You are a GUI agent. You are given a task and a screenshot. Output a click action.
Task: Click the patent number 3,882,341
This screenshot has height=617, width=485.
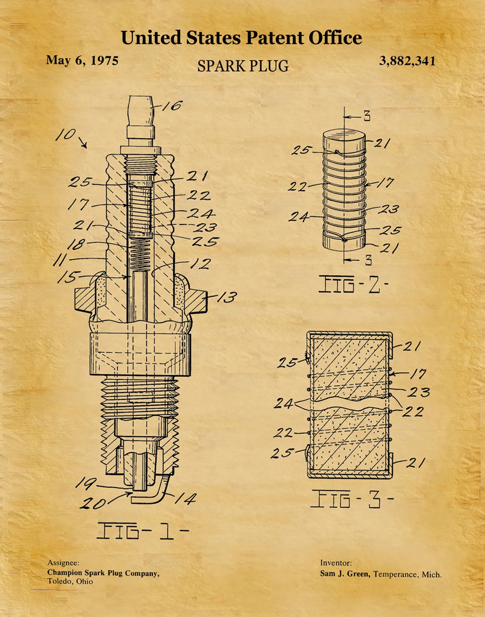coord(407,61)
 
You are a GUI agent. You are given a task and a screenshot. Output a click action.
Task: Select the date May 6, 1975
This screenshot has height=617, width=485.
coord(82,60)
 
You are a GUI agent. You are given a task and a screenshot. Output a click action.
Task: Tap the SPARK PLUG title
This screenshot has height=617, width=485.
coord(243,66)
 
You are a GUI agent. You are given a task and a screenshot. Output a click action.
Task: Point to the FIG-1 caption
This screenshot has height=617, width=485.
coord(142,531)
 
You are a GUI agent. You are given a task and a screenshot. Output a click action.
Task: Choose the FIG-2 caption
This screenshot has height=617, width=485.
coord(354,284)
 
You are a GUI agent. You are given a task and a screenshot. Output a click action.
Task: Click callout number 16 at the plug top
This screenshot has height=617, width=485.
coord(171,105)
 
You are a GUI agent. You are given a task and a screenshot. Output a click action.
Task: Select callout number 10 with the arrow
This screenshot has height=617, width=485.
coord(66,135)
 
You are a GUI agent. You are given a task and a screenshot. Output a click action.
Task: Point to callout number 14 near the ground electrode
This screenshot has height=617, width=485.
coord(185,498)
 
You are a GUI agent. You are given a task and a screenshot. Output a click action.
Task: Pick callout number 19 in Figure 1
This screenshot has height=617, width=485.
coord(85,483)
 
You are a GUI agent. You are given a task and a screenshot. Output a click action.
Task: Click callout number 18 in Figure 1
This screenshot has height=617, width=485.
coord(76,244)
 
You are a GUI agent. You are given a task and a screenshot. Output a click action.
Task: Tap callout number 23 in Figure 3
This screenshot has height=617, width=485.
coord(419,392)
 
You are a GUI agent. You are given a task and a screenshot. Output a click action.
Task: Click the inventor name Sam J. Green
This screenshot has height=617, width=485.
coord(345,574)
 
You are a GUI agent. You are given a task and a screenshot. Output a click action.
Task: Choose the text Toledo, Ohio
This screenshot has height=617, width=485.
coord(70,581)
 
